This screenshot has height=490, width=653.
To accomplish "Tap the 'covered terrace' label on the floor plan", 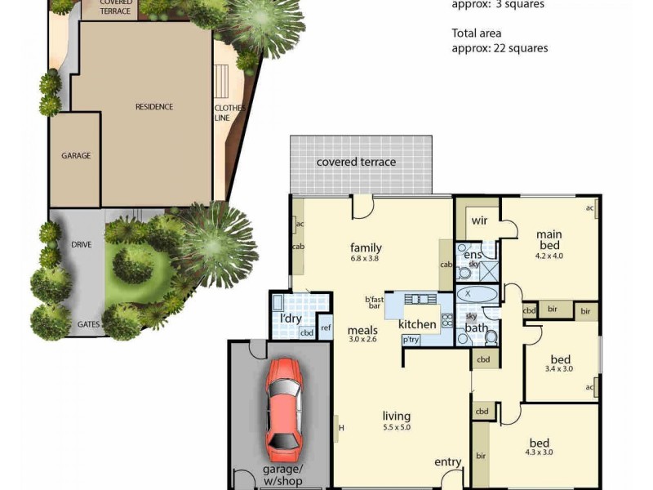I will pyautogui.click(x=356, y=162).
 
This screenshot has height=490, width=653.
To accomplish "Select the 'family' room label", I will pyautogui.click(x=366, y=248).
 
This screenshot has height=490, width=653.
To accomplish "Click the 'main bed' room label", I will pyautogui.click(x=549, y=240).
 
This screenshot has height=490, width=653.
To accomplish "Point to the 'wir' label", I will pyautogui.click(x=478, y=220).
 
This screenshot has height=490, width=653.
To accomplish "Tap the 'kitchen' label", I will pyautogui.click(x=417, y=324).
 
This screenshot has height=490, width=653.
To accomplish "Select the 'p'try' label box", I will pyautogui.click(x=409, y=340).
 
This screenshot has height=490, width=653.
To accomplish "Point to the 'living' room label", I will pyautogui.click(x=396, y=416).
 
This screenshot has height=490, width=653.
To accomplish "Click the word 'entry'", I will pyautogui.click(x=447, y=462).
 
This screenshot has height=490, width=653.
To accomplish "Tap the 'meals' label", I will pyautogui.click(x=362, y=330).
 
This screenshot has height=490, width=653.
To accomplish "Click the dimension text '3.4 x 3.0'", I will pyautogui.click(x=560, y=368).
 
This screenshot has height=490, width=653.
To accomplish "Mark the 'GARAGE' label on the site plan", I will pyautogui.click(x=75, y=155).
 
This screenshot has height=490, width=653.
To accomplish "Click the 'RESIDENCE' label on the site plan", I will pyautogui.click(x=153, y=107).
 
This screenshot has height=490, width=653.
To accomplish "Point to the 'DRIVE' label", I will pyautogui.click(x=80, y=244).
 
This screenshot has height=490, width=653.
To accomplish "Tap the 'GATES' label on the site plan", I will pyautogui.click(x=88, y=324).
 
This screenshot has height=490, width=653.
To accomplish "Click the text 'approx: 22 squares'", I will pyautogui.click(x=500, y=48).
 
